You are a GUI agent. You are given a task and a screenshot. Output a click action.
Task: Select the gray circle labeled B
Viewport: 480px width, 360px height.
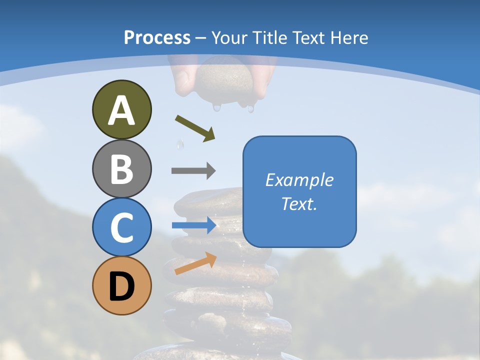coord(121,168)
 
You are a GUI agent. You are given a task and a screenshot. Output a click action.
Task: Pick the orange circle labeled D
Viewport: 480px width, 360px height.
coord(121,285)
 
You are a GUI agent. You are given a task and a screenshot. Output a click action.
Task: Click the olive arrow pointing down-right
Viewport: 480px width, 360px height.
coord(195,128)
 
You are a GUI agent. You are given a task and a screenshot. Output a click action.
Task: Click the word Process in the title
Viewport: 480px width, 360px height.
coord(157,37)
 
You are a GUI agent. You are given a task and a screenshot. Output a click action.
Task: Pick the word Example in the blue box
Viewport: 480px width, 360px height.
coord(299,180)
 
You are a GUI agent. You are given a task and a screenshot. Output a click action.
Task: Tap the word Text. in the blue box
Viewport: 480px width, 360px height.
coord(299,204)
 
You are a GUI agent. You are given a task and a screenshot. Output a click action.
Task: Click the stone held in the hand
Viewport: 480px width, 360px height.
coord(224,80)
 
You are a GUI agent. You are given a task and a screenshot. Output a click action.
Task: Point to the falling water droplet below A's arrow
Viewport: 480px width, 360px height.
coord(179,145)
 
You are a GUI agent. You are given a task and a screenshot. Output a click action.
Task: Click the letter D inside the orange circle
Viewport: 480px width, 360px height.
coord(121,286)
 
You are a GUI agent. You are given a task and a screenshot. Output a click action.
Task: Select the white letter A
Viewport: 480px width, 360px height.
coord(121,110)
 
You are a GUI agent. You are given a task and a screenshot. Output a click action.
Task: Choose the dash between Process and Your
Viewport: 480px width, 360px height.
coord(201,38)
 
